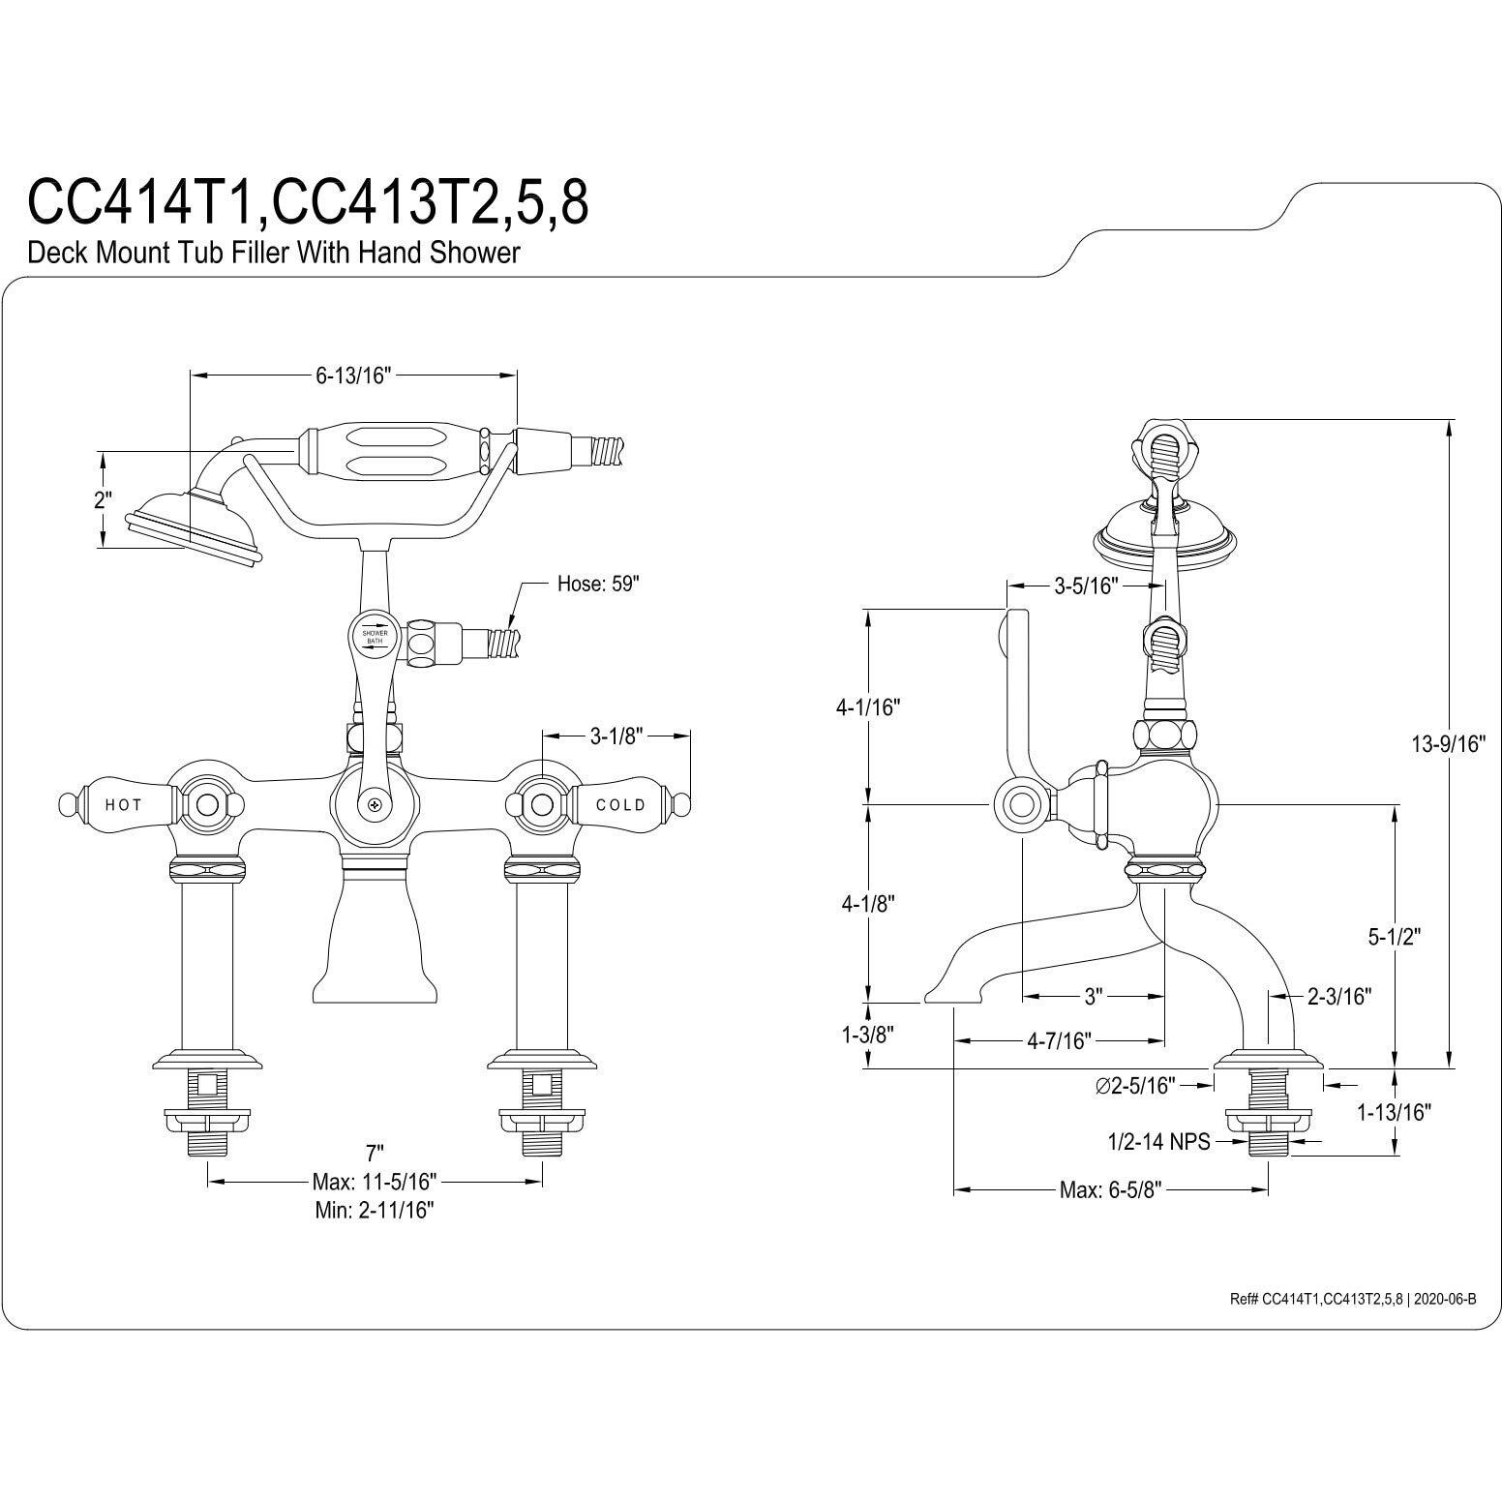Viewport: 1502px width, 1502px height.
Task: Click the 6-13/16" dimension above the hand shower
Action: (352, 376)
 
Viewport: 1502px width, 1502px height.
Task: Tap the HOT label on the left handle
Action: (124, 804)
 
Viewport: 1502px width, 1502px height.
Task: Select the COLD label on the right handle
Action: (620, 804)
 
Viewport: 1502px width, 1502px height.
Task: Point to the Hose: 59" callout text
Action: (599, 585)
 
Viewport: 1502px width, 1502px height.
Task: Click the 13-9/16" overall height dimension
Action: (1449, 743)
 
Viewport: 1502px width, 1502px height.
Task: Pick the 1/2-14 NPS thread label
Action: (1158, 1143)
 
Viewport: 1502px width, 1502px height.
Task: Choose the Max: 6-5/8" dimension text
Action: (1110, 1190)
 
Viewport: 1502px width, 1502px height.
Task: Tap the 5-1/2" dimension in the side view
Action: (1394, 936)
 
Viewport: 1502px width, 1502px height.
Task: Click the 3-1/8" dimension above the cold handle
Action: (616, 736)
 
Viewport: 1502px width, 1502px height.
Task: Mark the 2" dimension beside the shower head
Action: (103, 500)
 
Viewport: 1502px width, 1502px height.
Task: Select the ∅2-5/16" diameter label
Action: (1135, 1086)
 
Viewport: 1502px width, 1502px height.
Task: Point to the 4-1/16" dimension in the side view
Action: (868, 706)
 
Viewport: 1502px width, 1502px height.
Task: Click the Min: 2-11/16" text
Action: (375, 1210)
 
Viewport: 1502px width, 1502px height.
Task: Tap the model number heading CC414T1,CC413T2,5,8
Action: (308, 200)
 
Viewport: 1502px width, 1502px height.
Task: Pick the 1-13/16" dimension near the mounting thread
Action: (1395, 1113)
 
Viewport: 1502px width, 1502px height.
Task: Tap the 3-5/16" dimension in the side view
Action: (1086, 586)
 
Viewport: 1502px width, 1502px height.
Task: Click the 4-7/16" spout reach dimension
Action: (1059, 1041)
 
